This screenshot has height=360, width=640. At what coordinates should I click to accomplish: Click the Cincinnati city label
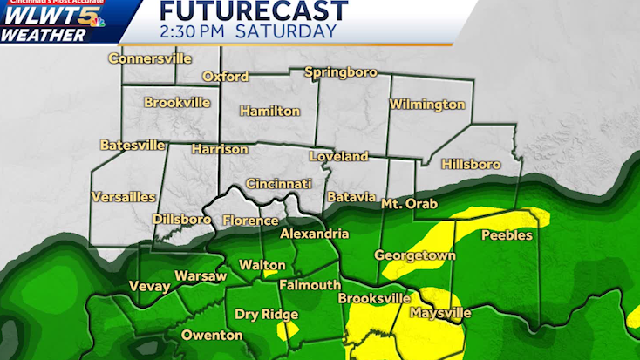[278, 184]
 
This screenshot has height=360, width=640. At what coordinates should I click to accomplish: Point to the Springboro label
[340, 72]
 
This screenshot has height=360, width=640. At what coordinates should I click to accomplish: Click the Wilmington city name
[426, 105]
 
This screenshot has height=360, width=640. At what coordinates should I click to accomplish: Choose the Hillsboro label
[471, 164]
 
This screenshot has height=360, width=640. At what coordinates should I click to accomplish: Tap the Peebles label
[507, 235]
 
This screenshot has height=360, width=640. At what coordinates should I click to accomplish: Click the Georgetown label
[415, 255]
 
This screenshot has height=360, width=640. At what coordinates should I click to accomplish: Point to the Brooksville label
[373, 298]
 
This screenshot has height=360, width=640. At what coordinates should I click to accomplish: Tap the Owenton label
[211, 335]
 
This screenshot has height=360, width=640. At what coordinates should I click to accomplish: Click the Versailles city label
[123, 197]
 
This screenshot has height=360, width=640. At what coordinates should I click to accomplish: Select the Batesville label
[131, 145]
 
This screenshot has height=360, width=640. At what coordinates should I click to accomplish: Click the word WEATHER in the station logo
[43, 35]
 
